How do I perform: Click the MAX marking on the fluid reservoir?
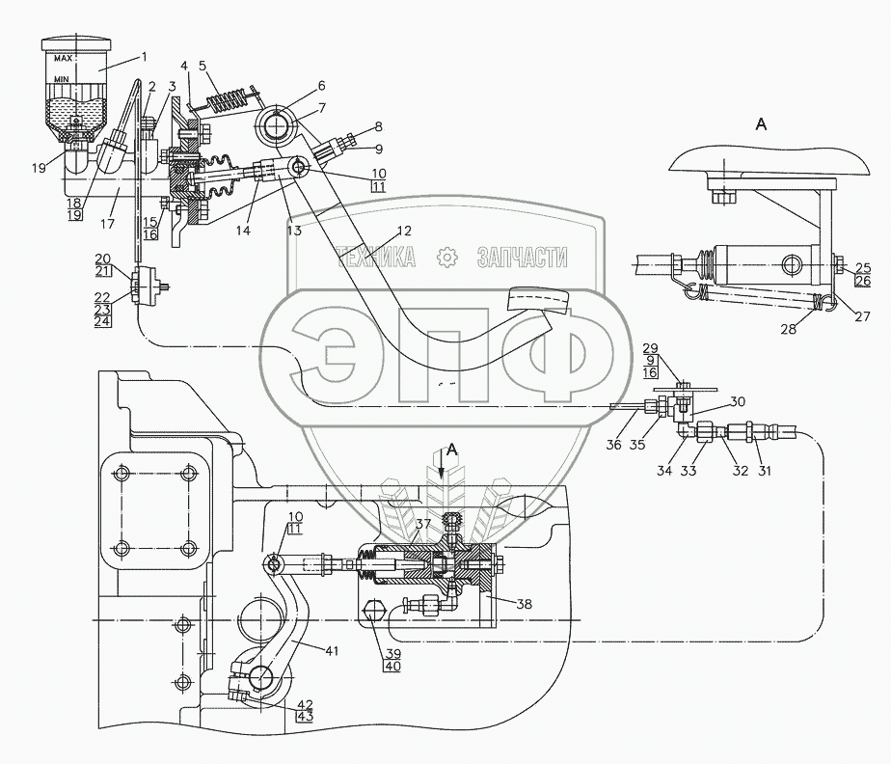(63, 59)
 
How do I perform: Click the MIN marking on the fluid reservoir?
(62, 79)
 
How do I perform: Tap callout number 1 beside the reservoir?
(145, 56)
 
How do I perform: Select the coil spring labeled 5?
(229, 100)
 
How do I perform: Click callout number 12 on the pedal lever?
(404, 231)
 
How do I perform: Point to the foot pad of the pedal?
(537, 300)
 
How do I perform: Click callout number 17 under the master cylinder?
(107, 224)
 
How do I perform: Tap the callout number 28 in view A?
(788, 328)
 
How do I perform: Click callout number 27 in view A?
(862, 316)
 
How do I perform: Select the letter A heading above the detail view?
(761, 123)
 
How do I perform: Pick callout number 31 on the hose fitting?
(765, 470)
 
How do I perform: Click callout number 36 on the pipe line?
(613, 444)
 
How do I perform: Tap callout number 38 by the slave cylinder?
(525, 604)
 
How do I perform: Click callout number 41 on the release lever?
(332, 650)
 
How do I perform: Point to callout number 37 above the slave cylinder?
(422, 523)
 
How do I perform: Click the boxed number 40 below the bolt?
(392, 666)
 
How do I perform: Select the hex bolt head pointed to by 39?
(372, 612)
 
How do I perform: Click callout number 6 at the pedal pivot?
(322, 86)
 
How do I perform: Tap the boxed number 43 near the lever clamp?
(305, 716)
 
